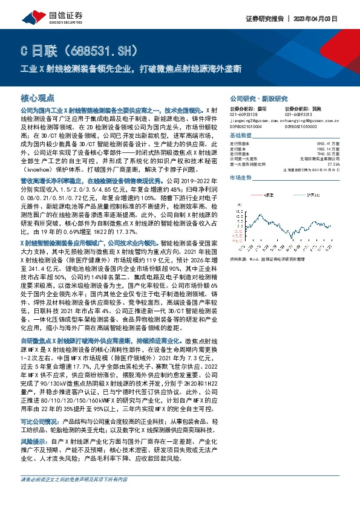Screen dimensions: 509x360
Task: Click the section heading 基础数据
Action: [x=241, y=135]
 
